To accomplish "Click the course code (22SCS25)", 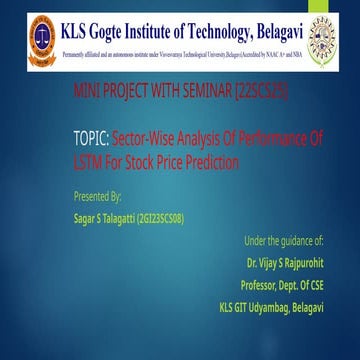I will pyautogui.click(x=261, y=91).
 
